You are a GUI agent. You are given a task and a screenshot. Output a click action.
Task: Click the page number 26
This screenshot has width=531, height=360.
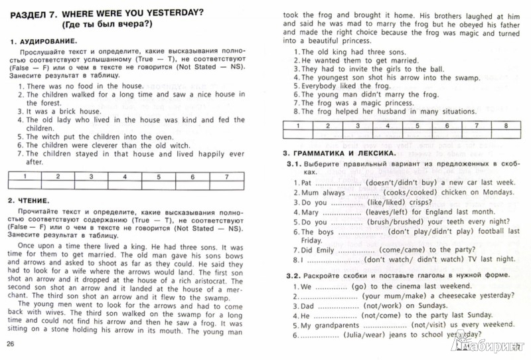coord(10,343)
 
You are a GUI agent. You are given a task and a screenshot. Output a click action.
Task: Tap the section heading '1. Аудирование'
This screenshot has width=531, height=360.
coord(44,42)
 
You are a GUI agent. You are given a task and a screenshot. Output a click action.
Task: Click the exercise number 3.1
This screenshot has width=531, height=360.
coord(291,165)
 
